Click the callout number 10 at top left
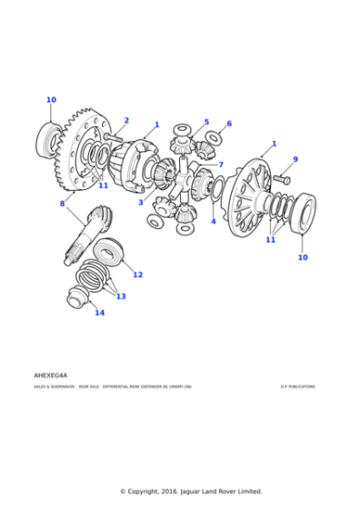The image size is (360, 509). click(x=51, y=100)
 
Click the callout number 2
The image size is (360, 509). click(x=126, y=120)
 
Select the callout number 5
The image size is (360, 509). click(x=206, y=122)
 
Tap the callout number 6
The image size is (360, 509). click(x=228, y=124)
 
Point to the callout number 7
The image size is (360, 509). click(x=221, y=165)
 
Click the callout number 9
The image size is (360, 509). click(x=295, y=160)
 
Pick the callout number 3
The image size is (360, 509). click(x=141, y=203)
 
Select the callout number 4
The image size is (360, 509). click(x=214, y=221)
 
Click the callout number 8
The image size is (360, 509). click(x=62, y=204)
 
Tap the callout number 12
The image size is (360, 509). click(x=137, y=274)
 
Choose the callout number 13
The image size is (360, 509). click(x=120, y=296)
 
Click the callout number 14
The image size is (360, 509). click(x=99, y=313)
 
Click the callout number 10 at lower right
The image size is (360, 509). click(x=302, y=257)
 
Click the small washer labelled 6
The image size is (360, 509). click(x=215, y=138)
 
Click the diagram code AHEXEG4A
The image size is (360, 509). click(x=51, y=374)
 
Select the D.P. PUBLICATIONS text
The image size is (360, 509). click(x=297, y=386)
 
